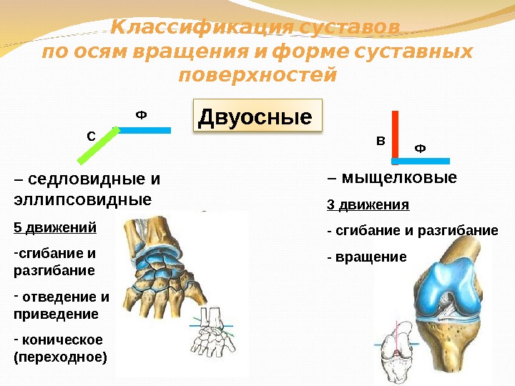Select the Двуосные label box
pyautogui.click(x=258, y=117)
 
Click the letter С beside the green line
pyautogui.click(x=91, y=135)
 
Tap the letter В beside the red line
pyautogui.click(x=380, y=142)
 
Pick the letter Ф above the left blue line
pyautogui.click(x=140, y=115)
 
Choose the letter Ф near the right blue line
pyautogui.click(x=420, y=149)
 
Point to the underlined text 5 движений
pyautogui.click(x=54, y=228)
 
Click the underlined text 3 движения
pyautogui.click(x=368, y=205)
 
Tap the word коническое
pyautogui.click(x=62, y=340)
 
